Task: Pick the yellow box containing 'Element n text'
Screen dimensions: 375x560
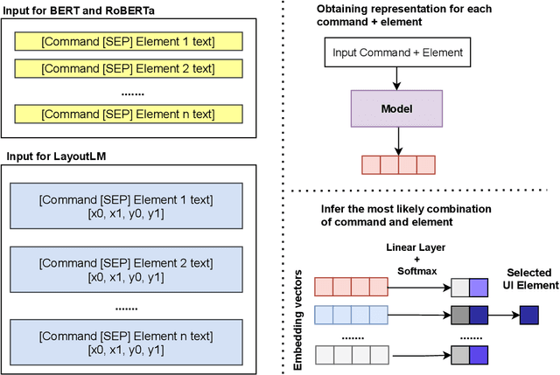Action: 128,114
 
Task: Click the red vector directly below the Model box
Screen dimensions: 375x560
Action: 398,165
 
